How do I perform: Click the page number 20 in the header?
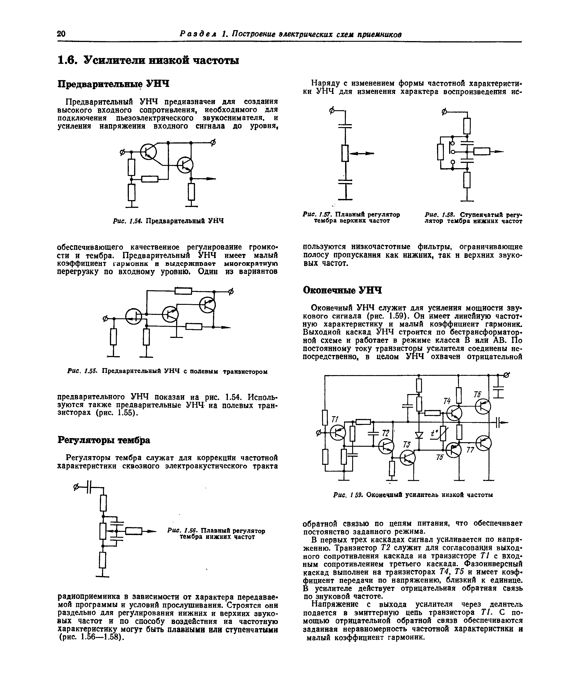[x=61, y=34]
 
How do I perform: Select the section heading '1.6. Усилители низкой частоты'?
[x=148, y=60]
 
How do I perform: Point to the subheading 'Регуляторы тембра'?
[x=104, y=440]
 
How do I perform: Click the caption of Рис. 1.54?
[x=168, y=221]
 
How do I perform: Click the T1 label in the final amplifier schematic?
[x=335, y=420]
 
